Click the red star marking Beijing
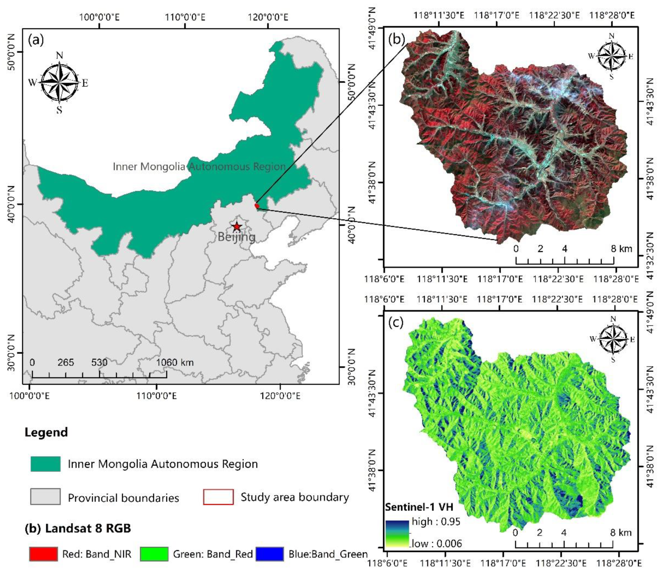[x=237, y=227]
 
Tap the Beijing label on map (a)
[x=236, y=237]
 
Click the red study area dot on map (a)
[x=257, y=206]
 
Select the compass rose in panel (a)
[x=59, y=82]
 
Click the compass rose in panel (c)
[x=613, y=339]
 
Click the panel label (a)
[x=36, y=40]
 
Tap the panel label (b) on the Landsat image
[x=397, y=39]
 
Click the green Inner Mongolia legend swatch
[x=45, y=464]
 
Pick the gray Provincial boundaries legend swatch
[x=45, y=496]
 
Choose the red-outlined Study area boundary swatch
[x=218, y=497]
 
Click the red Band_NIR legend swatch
[x=43, y=554]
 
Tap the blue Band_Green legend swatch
[x=270, y=554]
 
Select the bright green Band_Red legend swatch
[x=154, y=554]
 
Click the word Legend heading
[x=46, y=432]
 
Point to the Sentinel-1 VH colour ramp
[x=397, y=534]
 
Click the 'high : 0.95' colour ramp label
[x=436, y=522]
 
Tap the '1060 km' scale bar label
[x=175, y=363]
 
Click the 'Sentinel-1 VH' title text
[x=419, y=507]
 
